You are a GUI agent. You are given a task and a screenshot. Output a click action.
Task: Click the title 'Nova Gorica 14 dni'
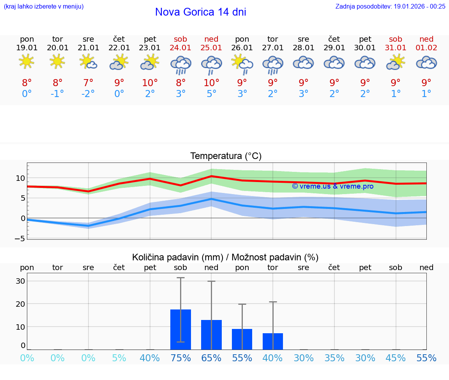[x=200, y=12]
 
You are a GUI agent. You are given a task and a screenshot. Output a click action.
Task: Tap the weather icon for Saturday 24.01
[x=180, y=64]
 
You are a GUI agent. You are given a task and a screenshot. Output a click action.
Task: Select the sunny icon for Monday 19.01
[x=27, y=62]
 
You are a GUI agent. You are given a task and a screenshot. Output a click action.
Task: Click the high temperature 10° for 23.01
[x=150, y=83]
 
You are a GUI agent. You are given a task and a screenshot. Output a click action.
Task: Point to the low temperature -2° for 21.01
[x=88, y=94]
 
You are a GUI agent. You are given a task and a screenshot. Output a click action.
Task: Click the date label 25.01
[x=211, y=48]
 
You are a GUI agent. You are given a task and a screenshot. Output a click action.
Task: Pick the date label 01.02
[x=426, y=48]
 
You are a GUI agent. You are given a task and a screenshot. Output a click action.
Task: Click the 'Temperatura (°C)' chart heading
[x=226, y=156]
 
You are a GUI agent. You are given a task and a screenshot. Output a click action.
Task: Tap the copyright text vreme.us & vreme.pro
[x=332, y=186]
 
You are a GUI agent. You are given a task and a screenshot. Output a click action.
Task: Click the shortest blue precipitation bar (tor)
[x=273, y=341]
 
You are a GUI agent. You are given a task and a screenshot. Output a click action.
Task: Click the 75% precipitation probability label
[x=180, y=358]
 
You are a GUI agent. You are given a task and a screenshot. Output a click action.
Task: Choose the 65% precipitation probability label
[x=211, y=358]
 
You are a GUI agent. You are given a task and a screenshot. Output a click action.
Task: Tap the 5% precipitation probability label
[x=119, y=358]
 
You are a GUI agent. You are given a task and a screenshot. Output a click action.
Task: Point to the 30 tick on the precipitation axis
[x=20, y=281]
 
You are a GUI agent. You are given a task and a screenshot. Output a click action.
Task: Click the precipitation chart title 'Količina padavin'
[x=225, y=257]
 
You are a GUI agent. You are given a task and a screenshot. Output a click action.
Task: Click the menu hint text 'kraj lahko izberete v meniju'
[x=44, y=6]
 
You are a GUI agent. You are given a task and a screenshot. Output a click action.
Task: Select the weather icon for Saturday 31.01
[x=396, y=62]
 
